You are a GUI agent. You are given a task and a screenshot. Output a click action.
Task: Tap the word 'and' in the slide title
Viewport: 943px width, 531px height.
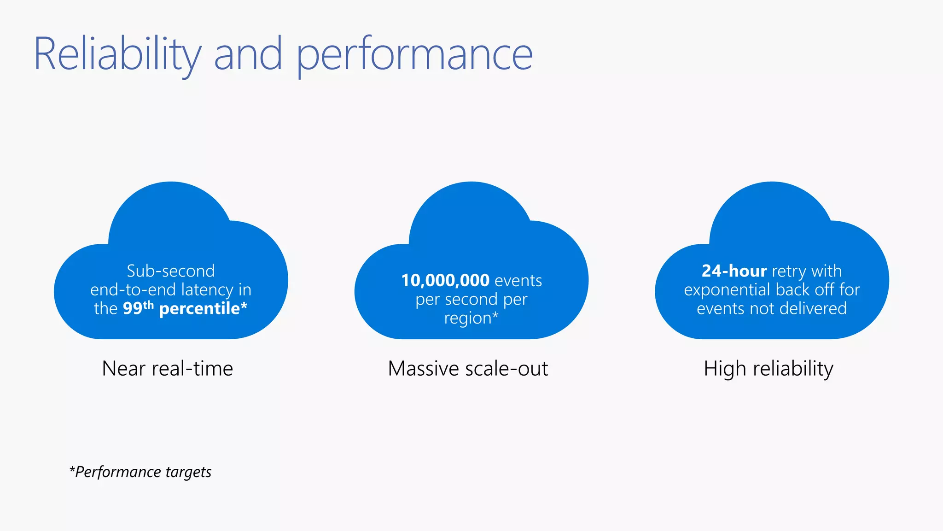248,54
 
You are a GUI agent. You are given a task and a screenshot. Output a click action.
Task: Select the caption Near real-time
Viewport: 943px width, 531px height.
168,369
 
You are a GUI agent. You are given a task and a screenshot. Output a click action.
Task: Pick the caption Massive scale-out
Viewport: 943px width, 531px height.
468,369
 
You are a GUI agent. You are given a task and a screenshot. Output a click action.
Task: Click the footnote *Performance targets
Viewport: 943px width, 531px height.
140,472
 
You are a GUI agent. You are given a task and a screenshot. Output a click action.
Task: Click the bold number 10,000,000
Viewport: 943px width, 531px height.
445,280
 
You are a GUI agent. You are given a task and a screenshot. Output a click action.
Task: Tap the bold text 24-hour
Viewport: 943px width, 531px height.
734,271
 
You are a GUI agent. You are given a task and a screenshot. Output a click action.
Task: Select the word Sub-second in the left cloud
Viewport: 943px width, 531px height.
171,271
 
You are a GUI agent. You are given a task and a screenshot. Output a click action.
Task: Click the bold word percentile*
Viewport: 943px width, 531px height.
203,308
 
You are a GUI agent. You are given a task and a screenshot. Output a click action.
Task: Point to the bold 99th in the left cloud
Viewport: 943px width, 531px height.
138,307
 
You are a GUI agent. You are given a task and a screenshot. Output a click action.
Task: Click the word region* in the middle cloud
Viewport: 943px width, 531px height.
471,319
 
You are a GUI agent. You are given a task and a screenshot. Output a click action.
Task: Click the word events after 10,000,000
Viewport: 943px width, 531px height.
518,281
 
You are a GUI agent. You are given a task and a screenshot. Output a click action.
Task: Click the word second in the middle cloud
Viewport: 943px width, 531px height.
471,300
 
